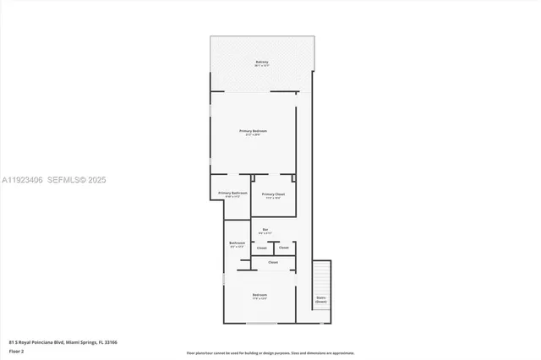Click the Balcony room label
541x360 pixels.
pos(262,62)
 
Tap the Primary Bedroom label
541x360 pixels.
pos(254,131)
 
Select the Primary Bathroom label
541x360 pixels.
pos(232,194)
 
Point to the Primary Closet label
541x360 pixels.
pos(273,194)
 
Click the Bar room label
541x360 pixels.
pos(265,229)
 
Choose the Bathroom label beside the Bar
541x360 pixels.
pos(237,243)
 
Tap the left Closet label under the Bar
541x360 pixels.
pos(262,248)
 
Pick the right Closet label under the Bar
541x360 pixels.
pos(284,248)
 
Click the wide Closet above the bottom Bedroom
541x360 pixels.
pos(273,263)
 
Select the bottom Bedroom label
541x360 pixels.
pos(260,295)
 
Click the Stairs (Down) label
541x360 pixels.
pos(320,299)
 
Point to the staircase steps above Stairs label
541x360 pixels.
pos(320,277)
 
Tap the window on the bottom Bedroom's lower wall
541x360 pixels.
pos(260,323)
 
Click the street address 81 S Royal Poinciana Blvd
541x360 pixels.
pos(63,342)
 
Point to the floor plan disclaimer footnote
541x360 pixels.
pos(270,353)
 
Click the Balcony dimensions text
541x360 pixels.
pos(262,66)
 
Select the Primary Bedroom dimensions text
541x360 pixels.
pos(254,135)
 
